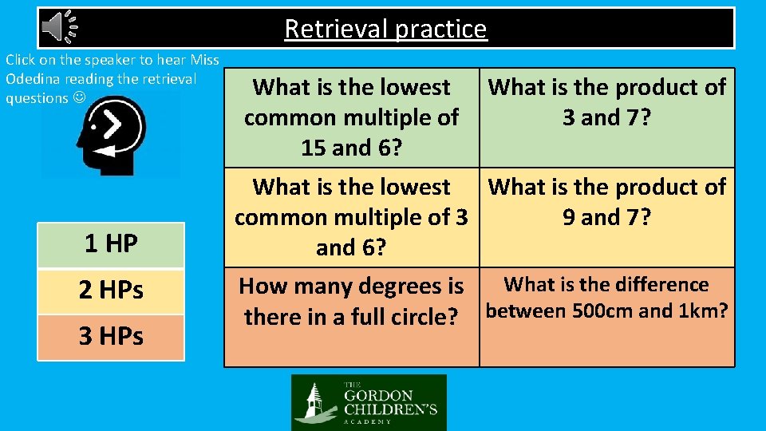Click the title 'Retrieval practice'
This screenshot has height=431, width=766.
coord(385,29)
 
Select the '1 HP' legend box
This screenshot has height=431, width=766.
coord(111,244)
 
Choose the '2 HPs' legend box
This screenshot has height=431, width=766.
coord(111,291)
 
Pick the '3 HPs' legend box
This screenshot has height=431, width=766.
coord(111,337)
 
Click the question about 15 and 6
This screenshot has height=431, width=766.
coord(351,117)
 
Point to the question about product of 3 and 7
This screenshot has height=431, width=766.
coord(606,102)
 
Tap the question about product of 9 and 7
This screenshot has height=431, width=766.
coord(606,202)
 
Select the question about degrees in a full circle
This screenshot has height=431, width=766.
coord(351,301)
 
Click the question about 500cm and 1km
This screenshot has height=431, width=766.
coord(606,298)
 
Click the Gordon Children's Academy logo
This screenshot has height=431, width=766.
coord(369,402)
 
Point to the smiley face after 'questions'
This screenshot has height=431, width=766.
coord(78,98)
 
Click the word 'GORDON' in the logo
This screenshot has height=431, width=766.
coord(379,396)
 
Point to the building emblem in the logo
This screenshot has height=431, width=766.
coord(315,403)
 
